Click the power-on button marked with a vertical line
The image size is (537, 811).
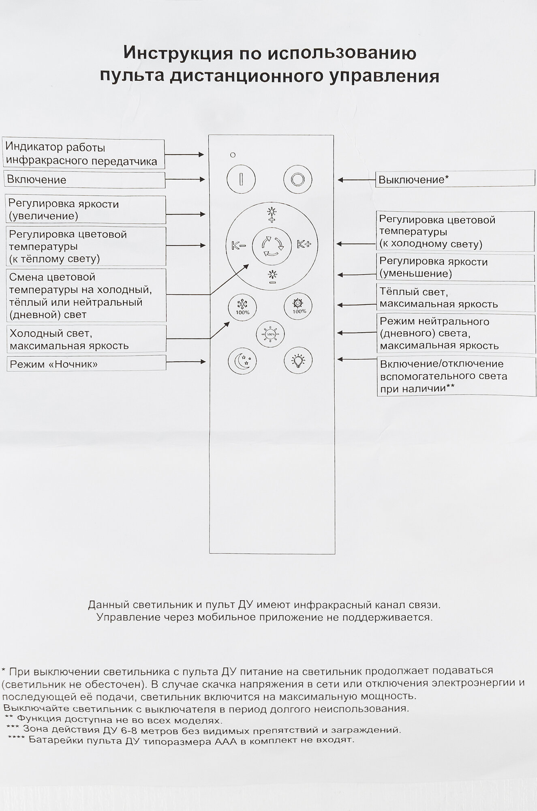(241, 179)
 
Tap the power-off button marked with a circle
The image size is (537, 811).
(297, 179)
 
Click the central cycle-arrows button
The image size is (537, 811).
(272, 246)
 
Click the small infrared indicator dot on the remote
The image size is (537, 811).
(233, 155)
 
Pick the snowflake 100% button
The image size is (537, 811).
(242, 306)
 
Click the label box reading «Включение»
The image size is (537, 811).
(84, 180)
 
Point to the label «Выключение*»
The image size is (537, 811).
(455, 180)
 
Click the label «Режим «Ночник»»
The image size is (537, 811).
(86, 364)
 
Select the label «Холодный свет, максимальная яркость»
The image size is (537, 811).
(86, 339)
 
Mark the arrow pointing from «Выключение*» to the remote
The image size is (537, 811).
(356, 180)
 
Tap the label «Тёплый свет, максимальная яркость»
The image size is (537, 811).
(456, 298)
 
